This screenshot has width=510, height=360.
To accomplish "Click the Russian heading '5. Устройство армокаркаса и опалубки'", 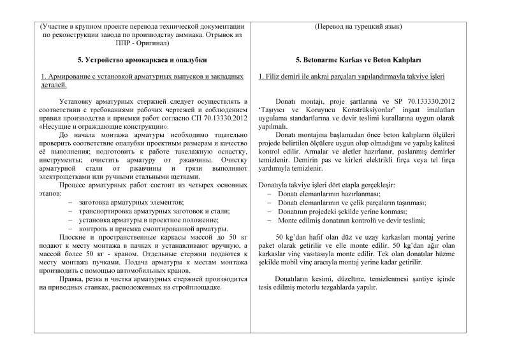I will tap(141, 59).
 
